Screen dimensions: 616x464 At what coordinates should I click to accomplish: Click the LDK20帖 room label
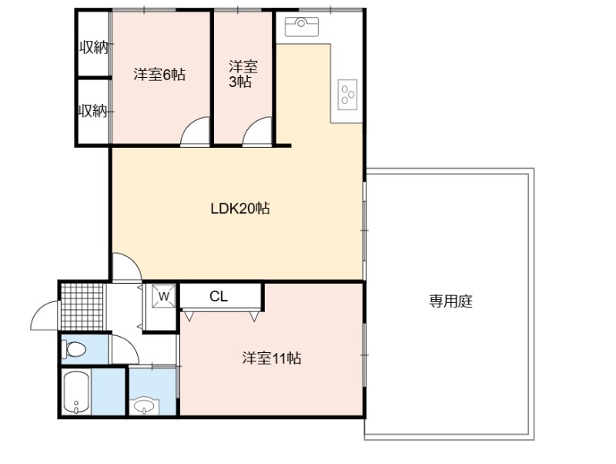click(240, 208)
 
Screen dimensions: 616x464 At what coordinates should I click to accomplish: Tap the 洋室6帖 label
click(159, 74)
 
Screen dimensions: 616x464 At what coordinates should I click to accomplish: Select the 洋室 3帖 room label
click(243, 74)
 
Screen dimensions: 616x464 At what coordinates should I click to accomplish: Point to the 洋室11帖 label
click(272, 358)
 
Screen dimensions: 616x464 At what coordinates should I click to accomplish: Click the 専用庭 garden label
click(450, 301)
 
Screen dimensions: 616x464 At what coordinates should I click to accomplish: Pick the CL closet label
click(219, 296)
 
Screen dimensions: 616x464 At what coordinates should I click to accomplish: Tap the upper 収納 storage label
click(93, 48)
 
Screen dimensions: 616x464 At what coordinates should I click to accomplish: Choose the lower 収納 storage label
click(92, 111)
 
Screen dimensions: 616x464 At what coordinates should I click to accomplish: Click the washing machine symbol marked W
click(164, 296)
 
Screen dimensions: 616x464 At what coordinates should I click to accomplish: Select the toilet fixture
click(74, 349)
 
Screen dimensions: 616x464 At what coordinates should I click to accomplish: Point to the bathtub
click(76, 392)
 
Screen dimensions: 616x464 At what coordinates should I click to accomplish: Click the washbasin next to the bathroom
click(144, 406)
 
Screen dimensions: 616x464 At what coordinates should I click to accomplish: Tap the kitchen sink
click(301, 26)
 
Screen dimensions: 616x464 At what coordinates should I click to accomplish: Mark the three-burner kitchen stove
click(348, 94)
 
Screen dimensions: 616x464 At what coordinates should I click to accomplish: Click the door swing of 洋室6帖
click(195, 131)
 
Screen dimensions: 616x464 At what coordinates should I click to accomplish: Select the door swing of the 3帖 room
click(257, 131)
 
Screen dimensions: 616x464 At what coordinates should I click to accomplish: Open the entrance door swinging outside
click(45, 315)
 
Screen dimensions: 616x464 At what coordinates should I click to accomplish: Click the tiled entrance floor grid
click(82, 307)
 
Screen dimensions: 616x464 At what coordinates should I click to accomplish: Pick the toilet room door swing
click(126, 349)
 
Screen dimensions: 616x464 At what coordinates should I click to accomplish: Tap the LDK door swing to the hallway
click(126, 267)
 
